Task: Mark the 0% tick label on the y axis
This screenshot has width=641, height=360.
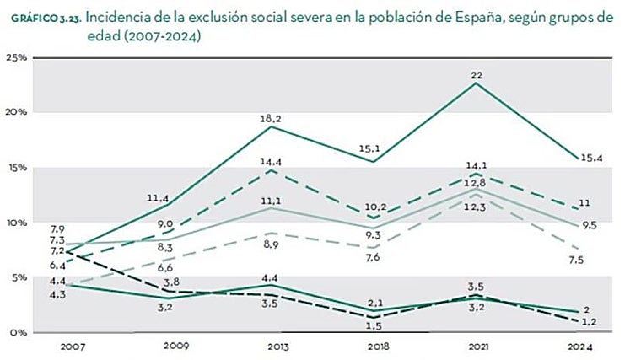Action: click(19, 332)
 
